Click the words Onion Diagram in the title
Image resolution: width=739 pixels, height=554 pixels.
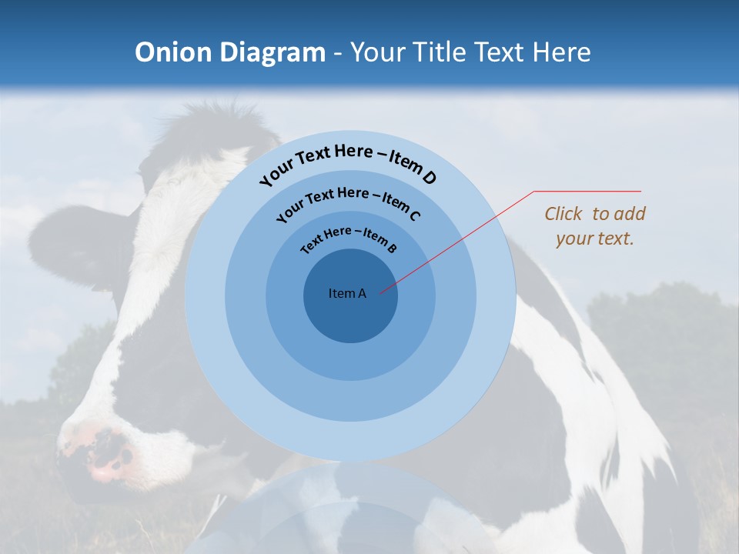[x=230, y=52]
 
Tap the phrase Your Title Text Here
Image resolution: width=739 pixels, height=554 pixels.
[x=470, y=52]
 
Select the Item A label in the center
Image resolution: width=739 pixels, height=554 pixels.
[x=347, y=293]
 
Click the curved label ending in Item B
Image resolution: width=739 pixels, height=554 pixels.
[x=349, y=239]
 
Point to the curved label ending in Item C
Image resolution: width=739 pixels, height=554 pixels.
[x=348, y=203]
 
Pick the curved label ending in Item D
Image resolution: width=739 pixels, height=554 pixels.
[x=348, y=164]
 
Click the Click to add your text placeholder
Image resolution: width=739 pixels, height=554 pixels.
[x=594, y=226]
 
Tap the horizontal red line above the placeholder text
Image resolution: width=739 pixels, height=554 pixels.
[x=587, y=191]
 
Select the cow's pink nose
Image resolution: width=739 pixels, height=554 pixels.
[x=104, y=454]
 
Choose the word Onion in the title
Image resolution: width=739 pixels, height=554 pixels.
[x=173, y=52]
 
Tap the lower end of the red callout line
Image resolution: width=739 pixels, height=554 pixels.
[x=381, y=292]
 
